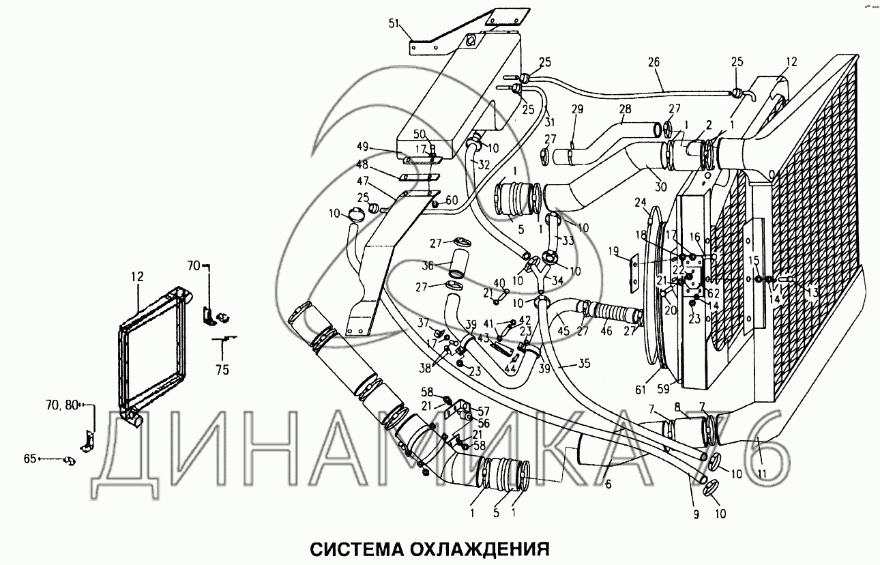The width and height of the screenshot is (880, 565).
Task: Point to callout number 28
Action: (x=626, y=110)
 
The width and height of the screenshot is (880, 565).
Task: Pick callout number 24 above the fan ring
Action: (x=640, y=202)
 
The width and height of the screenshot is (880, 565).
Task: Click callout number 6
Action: (x=607, y=485)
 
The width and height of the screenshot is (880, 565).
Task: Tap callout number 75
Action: (x=222, y=371)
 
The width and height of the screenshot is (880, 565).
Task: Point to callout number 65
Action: (x=29, y=459)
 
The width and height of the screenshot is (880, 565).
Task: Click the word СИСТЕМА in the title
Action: (x=351, y=549)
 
